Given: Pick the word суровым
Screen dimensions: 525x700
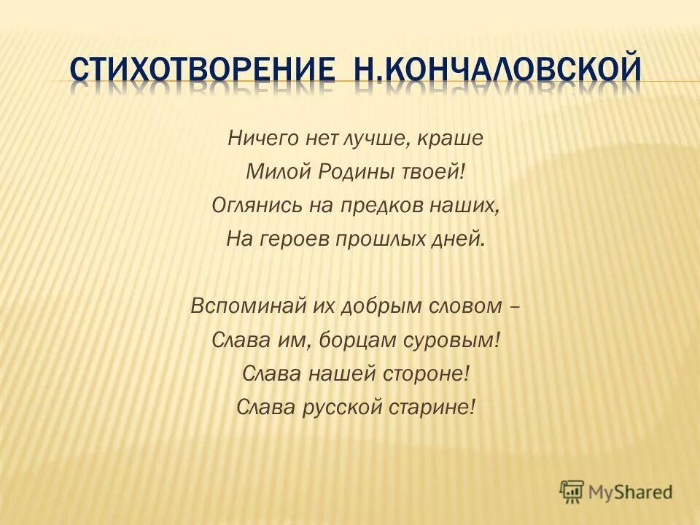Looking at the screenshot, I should [x=454, y=341].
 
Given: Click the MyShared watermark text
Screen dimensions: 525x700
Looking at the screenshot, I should [x=631, y=492].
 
